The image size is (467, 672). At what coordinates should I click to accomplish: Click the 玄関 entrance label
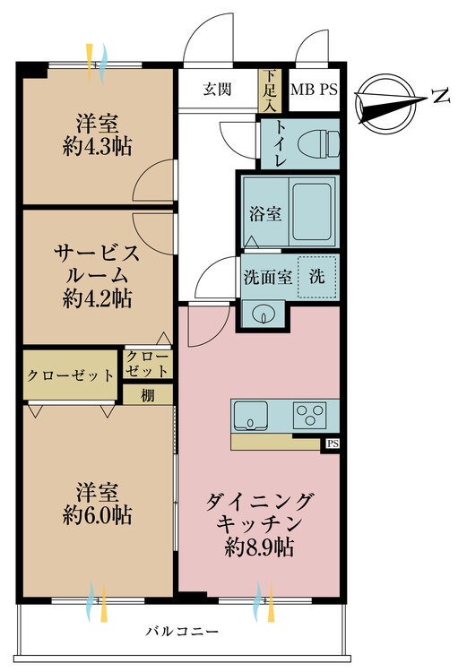(218, 89)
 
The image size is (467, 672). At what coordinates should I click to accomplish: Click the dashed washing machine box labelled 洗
(317, 276)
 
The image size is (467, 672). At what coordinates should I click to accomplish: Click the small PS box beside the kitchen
(333, 444)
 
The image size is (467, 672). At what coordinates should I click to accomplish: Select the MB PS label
(315, 90)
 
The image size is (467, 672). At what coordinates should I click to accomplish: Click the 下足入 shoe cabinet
(267, 90)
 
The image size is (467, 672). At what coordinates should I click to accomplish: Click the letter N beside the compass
(439, 96)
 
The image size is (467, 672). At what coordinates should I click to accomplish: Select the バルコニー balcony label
(182, 632)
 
